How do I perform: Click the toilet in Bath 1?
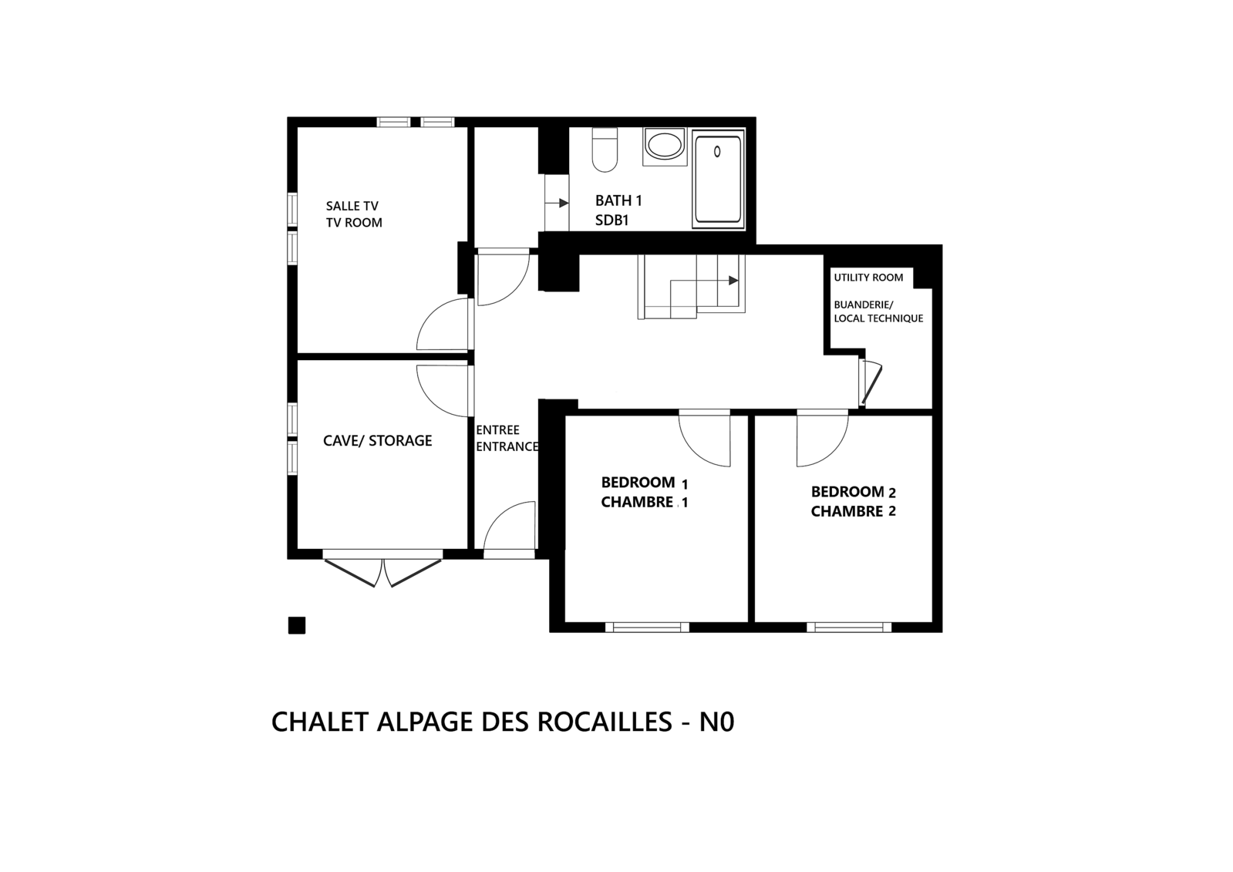point(605,150)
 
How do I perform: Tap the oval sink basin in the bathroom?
point(665,145)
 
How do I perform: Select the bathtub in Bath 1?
point(719,180)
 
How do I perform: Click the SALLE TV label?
point(352,206)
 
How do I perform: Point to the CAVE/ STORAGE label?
point(378,440)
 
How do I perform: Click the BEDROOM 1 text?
point(645,483)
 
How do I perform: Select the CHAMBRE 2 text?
point(854,511)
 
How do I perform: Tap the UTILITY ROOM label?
point(868,278)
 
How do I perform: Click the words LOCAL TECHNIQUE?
point(878,318)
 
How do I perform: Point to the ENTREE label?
point(497,430)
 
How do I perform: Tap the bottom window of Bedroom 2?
point(849,627)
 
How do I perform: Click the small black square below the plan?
point(297,625)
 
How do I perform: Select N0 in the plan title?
point(716,722)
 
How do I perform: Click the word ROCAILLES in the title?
point(605,722)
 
